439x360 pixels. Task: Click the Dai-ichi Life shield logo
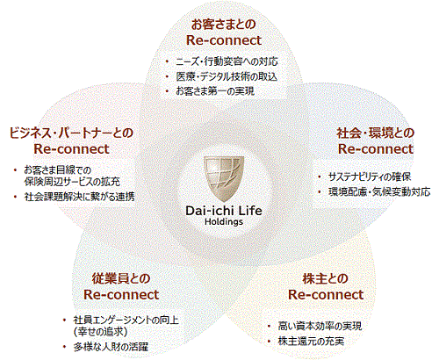click(x=224, y=178)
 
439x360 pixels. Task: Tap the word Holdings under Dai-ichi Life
click(x=224, y=221)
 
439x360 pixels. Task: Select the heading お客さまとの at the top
click(x=224, y=25)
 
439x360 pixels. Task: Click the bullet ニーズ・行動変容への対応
click(x=227, y=61)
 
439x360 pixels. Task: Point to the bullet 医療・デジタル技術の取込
click(x=227, y=76)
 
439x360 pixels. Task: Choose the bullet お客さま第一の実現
click(x=215, y=91)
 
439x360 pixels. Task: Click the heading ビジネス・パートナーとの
click(x=71, y=133)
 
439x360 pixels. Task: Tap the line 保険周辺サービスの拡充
click(x=72, y=182)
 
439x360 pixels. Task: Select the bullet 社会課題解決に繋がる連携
click(x=79, y=197)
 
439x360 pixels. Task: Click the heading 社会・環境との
click(x=376, y=133)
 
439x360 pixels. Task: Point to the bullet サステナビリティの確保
click(x=370, y=176)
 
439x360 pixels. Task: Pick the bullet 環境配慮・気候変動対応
click(x=379, y=192)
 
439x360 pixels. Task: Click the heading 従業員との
click(x=121, y=278)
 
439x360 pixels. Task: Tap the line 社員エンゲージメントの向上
click(x=126, y=320)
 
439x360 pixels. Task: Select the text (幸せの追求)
click(x=100, y=332)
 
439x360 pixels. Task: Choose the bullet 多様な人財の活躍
click(x=111, y=347)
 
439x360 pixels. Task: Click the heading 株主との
click(x=326, y=278)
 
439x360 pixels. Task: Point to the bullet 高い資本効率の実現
click(x=320, y=326)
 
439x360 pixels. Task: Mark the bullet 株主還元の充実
click(x=311, y=342)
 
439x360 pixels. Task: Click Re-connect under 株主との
click(x=326, y=295)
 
